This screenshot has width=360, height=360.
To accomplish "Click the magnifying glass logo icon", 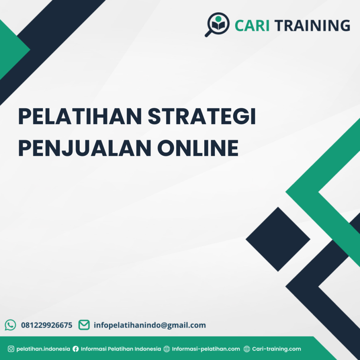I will (x=217, y=24).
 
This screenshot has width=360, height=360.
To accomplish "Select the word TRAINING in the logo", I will (x=312, y=26).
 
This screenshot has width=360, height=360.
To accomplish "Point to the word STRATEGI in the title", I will (x=201, y=117).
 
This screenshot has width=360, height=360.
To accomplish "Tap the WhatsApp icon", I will (x=11, y=325).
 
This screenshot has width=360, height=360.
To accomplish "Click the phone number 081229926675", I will (x=47, y=325).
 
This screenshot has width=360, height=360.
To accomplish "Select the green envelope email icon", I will (x=84, y=325).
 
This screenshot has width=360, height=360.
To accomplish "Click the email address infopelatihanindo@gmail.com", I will (x=150, y=325).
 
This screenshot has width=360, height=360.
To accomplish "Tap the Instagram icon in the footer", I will (x=11, y=349).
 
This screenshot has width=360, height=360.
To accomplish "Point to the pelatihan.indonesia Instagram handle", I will (x=43, y=349).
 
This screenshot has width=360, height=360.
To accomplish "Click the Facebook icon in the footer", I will (x=76, y=349).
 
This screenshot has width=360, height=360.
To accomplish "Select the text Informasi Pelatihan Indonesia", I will (x=121, y=349).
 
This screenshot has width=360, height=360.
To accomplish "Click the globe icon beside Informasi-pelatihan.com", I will (x=167, y=349).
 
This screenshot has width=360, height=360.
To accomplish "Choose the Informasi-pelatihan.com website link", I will (x=206, y=349).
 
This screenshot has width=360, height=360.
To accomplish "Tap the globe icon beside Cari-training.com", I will (x=247, y=349).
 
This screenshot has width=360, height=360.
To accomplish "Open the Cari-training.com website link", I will (x=277, y=349).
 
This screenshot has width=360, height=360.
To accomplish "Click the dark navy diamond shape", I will (x=278, y=239).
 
